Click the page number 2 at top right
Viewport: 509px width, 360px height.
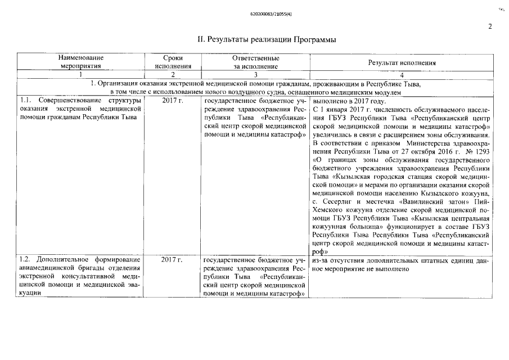coord(490,26)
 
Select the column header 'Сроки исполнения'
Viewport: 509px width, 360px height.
coord(173,61)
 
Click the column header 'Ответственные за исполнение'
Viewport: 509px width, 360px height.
coord(255,61)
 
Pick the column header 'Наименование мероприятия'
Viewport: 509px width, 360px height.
coord(82,61)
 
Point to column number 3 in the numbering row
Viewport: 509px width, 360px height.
coord(255,74)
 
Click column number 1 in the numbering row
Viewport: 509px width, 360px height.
coord(81,74)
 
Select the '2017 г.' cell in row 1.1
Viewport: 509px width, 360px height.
coord(172,100)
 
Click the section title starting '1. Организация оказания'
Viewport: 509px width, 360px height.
coord(256,83)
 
